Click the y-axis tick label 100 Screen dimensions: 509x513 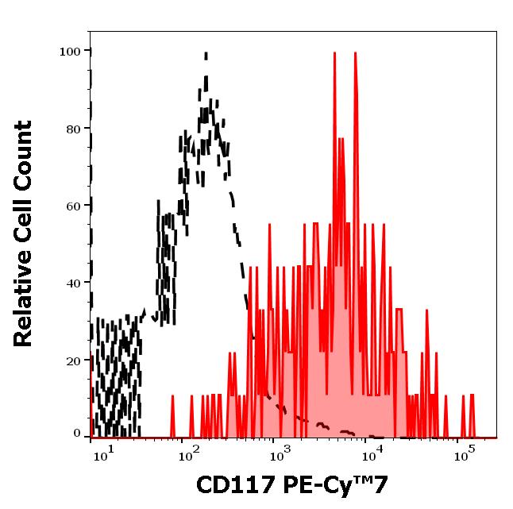(x=70, y=52)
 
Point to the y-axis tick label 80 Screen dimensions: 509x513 (x=73, y=129)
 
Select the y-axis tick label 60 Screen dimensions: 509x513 (x=73, y=206)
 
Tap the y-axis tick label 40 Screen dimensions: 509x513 (x=73, y=283)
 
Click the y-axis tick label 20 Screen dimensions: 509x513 (x=73, y=361)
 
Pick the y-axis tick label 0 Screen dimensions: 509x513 (x=77, y=434)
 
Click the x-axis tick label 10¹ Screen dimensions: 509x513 (x=105, y=453)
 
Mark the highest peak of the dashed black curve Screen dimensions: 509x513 (x=206, y=54)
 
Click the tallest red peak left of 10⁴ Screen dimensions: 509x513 (x=335, y=54)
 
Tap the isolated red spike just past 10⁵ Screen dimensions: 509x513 (x=471, y=395)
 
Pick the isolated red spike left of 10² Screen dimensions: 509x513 (x=172, y=395)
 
